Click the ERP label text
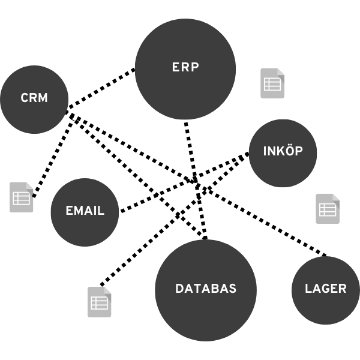185,68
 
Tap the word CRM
34,98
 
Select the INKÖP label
283,151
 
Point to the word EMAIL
85,211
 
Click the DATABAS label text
206,289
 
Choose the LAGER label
325,289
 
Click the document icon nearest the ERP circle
273,84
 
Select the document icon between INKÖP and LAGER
326,209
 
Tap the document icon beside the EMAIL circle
21,197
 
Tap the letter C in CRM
25,98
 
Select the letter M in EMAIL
79,211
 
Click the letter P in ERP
194,68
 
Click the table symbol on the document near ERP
272,85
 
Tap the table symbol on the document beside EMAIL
21,199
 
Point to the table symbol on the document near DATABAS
99,303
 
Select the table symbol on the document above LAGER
328,209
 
